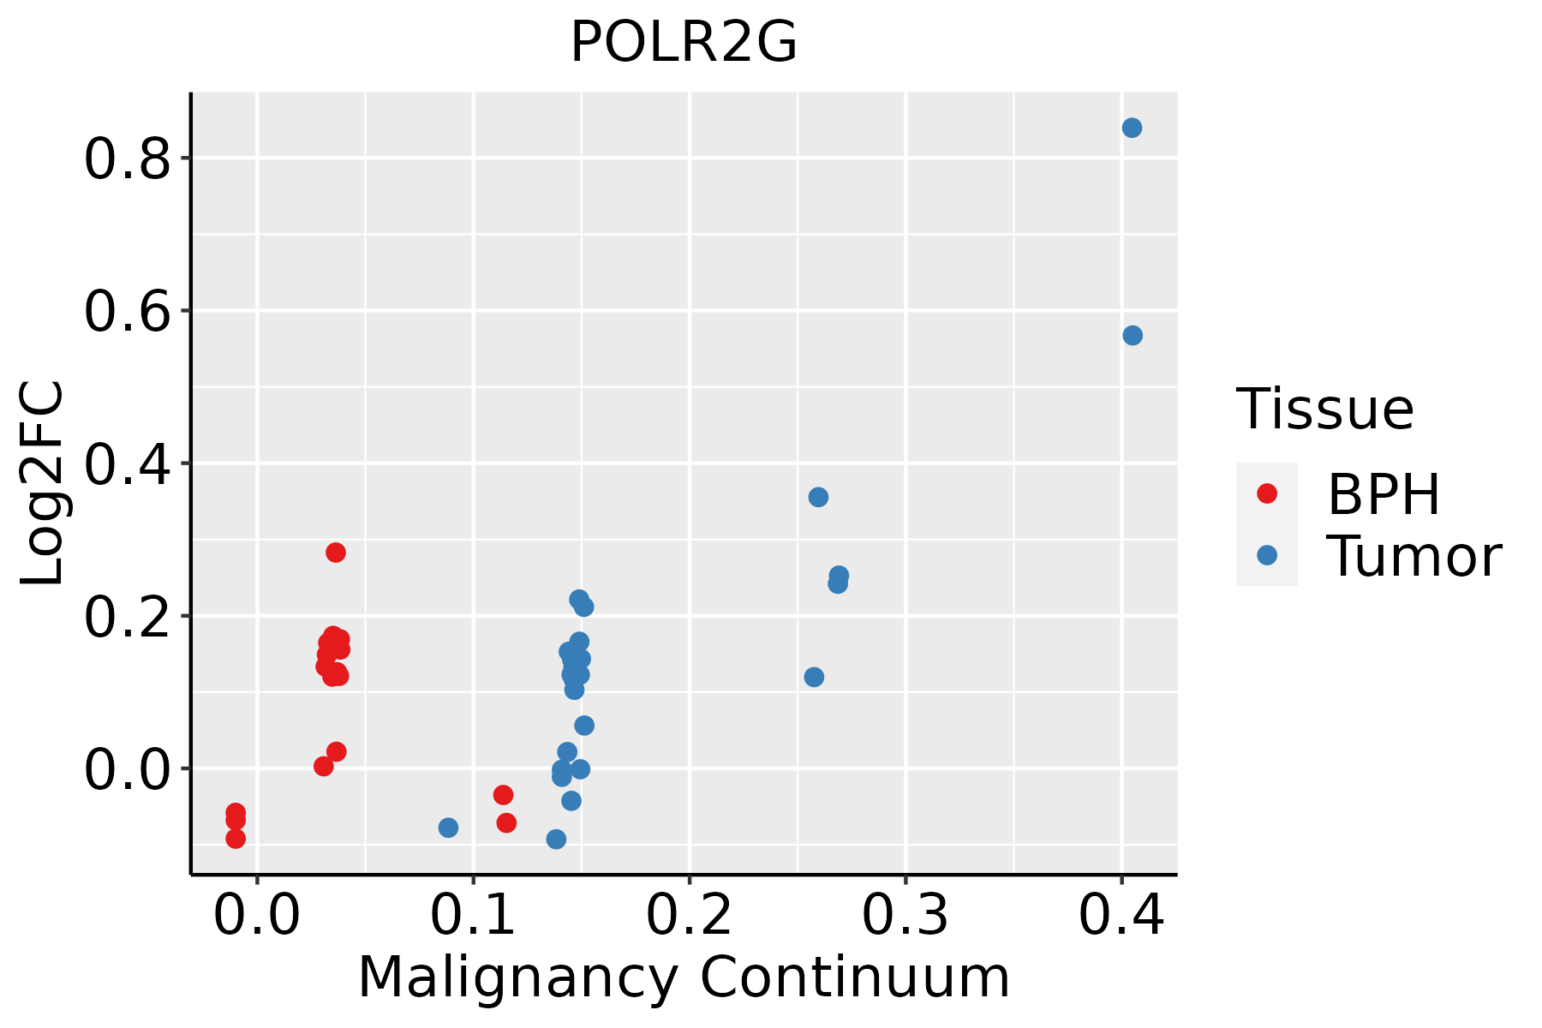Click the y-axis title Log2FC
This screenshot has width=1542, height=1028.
pos(43,484)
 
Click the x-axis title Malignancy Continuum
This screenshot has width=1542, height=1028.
pos(684,977)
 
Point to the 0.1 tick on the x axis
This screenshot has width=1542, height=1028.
pos(473,915)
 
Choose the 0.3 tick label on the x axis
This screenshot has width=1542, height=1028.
pos(905,915)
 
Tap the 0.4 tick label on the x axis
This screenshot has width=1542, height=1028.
pos(1121,915)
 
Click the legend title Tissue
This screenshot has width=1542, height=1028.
pos(1324,409)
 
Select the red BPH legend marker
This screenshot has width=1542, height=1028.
pos(1266,493)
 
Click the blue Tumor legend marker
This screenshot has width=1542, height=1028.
pos(1266,555)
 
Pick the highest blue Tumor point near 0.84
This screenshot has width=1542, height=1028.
pos(1132,128)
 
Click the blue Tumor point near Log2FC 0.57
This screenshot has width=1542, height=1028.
pos(1133,335)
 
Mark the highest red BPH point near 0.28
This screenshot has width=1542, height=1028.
pos(336,553)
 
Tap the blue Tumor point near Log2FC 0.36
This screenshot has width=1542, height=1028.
pos(818,497)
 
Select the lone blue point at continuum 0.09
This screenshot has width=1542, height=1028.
pos(448,828)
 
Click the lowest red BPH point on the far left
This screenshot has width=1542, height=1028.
pos(236,839)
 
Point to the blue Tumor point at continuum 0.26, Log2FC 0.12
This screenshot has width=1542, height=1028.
pos(814,677)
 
